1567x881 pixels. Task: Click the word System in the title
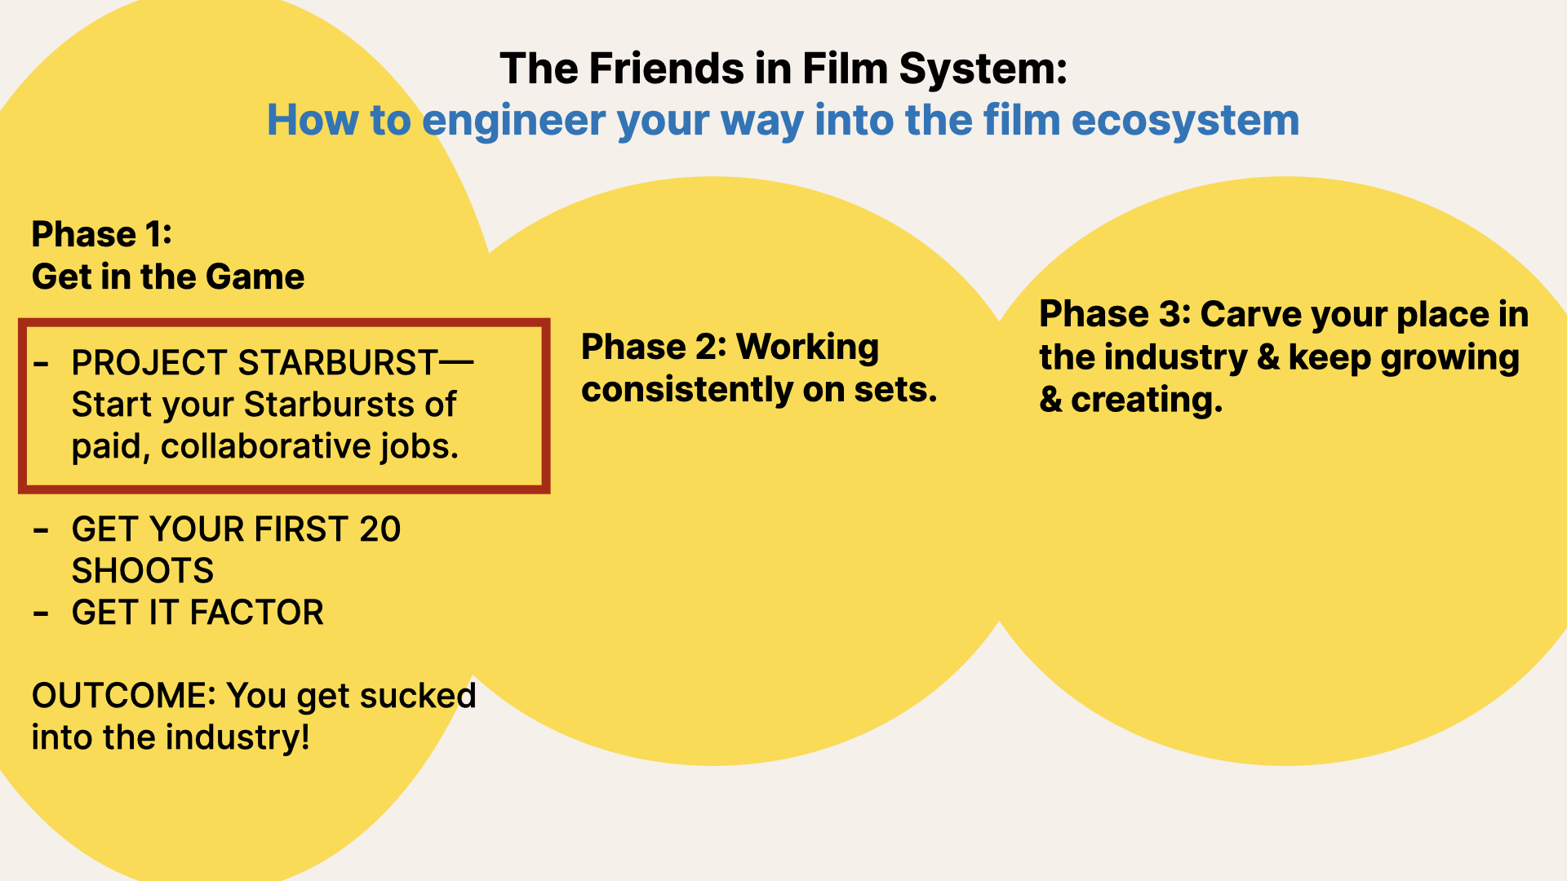(983, 69)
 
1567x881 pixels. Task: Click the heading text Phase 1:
(102, 234)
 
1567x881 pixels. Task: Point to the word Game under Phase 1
(255, 277)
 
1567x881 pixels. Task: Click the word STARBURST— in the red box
(356, 362)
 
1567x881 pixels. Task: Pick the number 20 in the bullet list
(380, 529)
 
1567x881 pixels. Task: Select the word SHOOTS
(143, 571)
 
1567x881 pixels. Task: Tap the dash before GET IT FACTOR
(41, 613)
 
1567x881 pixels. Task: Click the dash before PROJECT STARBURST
(41, 364)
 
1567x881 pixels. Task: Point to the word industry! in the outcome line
(240, 737)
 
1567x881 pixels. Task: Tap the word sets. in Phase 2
(895, 390)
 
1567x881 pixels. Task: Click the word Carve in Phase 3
(1248, 315)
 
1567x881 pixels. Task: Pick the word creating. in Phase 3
(1147, 400)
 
